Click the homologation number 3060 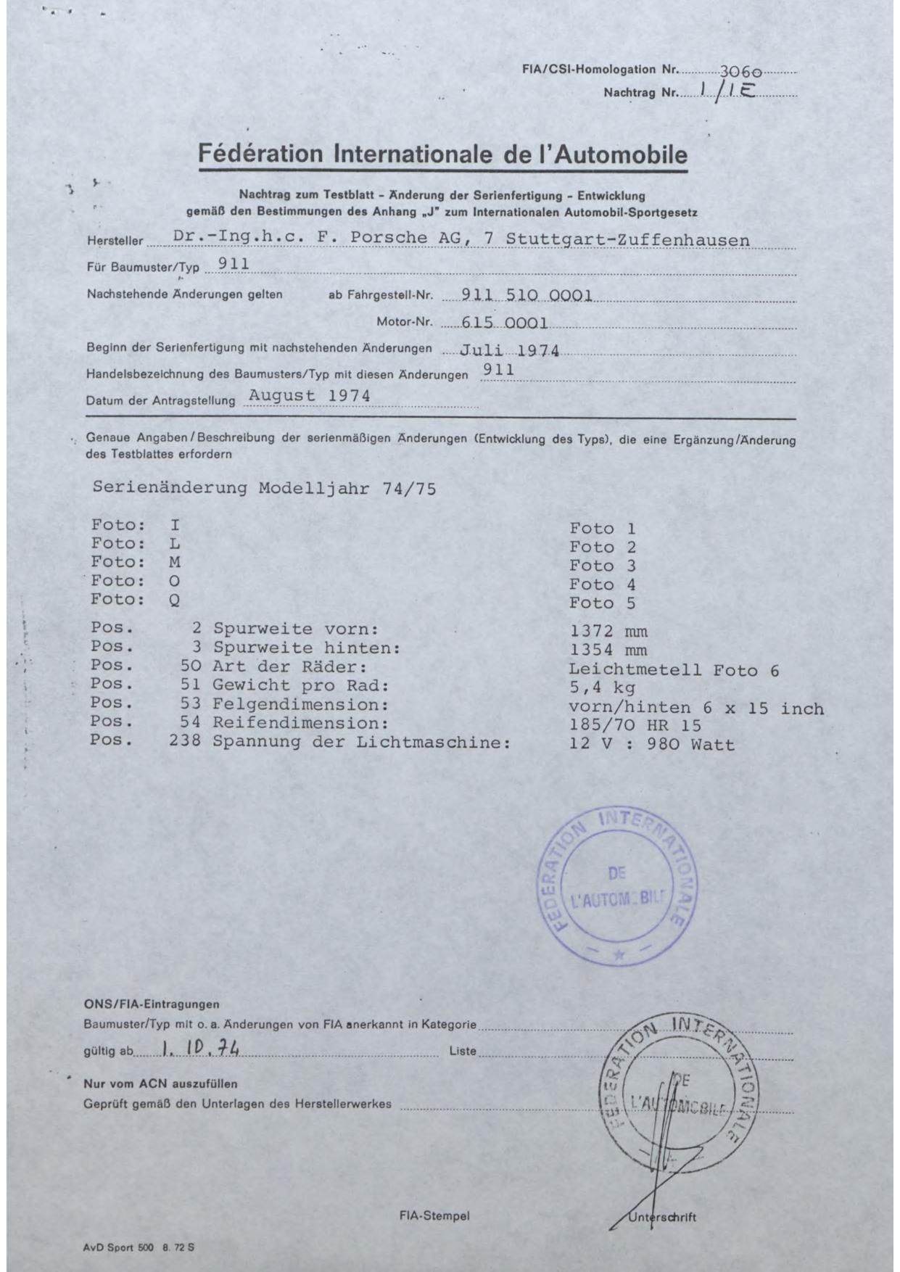point(740,73)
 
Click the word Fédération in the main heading point(260,154)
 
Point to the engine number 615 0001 point(505,323)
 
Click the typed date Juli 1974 point(510,351)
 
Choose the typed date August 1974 point(309,396)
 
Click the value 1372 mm point(608,632)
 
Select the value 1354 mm point(608,651)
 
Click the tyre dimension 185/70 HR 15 point(635,724)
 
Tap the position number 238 point(186,742)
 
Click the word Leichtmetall point(635,669)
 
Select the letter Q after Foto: point(175,600)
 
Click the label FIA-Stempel point(434,1216)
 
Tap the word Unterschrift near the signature point(661,1217)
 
